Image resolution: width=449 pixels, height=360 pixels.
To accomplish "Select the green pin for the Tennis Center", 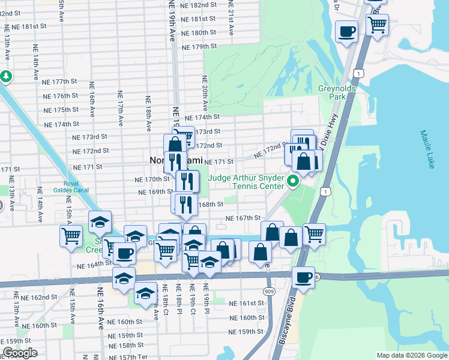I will (294, 181).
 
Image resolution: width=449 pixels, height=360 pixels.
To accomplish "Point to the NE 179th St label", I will (199, 46).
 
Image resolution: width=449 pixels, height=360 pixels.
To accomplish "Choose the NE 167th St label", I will (243, 218).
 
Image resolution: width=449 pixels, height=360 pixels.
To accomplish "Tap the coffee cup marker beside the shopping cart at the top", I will (347, 31).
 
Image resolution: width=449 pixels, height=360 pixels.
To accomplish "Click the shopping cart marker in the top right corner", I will (377, 25).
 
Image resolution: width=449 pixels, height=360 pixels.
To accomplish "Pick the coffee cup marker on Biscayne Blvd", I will (303, 278).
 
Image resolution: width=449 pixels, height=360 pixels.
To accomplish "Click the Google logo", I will (20, 353).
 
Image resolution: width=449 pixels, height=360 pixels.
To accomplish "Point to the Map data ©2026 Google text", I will (412, 355).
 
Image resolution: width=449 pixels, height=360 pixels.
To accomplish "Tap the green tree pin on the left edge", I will (6, 77).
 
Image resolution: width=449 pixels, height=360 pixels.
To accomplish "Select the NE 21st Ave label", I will (231, 16).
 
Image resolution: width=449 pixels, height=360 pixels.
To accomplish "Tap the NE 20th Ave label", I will (205, 93).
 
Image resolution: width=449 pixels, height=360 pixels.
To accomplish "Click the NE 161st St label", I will (247, 304).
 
